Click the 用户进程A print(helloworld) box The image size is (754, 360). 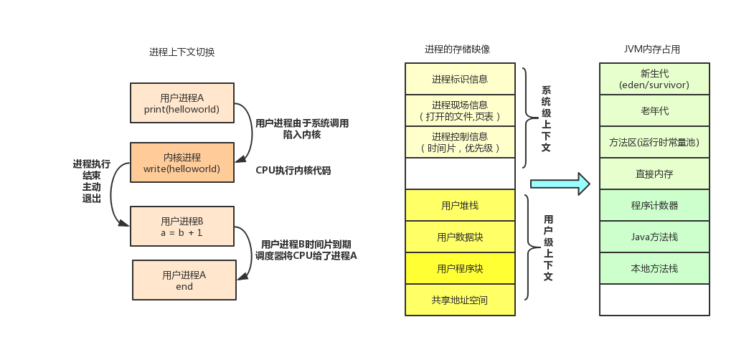pos(182,103)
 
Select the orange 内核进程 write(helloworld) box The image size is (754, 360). pos(182,163)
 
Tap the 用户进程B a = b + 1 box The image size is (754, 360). pos(182,227)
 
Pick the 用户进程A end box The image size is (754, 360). pos(184,280)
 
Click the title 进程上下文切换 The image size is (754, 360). pos(182,52)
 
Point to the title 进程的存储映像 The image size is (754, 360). pos(457,49)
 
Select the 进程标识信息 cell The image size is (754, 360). pos(460,79)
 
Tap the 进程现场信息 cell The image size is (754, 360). pos(460,110)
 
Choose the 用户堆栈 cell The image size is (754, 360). pos(460,205)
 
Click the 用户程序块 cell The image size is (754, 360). pos(460,268)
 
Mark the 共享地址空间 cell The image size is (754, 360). pos(460,300)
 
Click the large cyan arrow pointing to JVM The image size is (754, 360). pos(560,184)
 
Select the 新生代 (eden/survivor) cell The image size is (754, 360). pos(654,79)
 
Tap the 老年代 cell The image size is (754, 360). pos(654,110)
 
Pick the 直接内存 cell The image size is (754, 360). pos(654,174)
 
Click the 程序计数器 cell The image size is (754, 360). pos(654,205)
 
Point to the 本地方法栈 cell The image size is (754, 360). pos(654,268)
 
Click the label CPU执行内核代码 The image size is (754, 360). pos(293,171)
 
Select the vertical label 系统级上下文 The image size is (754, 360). pos(546,119)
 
